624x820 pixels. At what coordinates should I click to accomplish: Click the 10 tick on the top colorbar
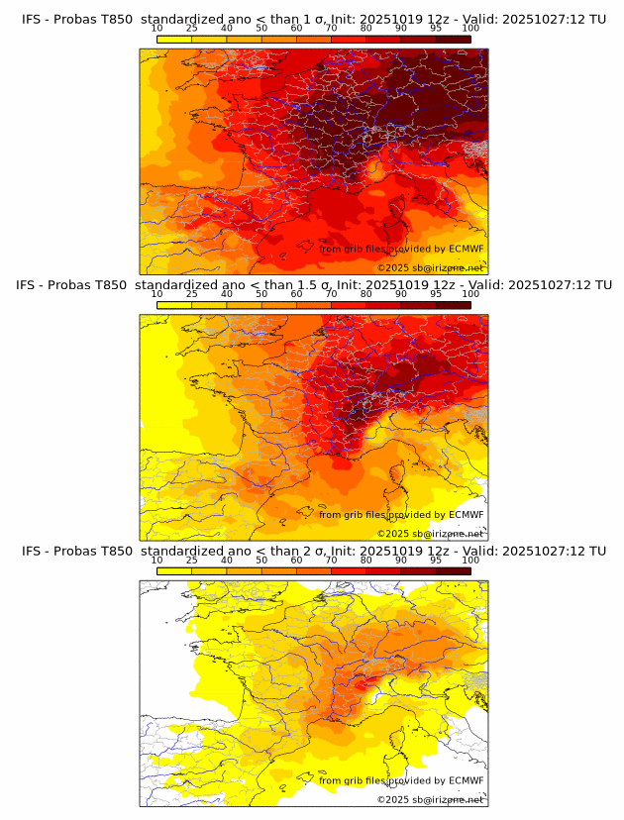156,29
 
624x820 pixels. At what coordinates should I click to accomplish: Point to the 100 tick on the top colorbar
470,29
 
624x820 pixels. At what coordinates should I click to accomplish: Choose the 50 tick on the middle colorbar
261,294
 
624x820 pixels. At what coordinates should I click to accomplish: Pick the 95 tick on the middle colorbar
436,294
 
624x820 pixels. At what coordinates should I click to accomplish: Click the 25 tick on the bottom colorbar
191,560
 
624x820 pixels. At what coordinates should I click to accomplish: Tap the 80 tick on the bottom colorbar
366,560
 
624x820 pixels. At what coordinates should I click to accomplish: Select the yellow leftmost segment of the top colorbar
173,40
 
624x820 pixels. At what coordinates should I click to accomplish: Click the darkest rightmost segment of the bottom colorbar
454,570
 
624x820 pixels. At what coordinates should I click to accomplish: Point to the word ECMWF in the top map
466,250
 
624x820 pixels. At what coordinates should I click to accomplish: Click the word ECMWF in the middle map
466,515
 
